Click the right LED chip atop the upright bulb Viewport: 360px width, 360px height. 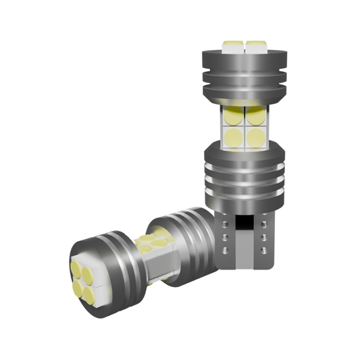pos(255,47)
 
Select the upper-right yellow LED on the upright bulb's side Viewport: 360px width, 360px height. pos(254,116)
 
